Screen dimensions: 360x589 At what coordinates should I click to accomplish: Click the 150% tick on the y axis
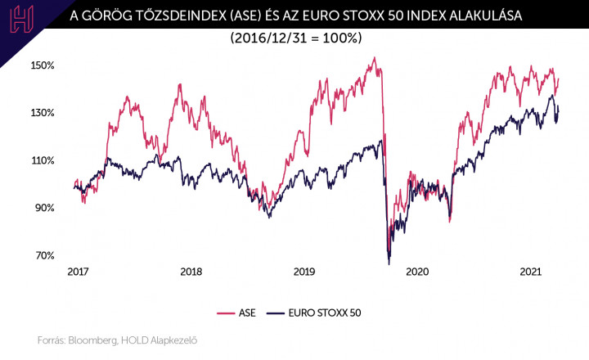(43, 65)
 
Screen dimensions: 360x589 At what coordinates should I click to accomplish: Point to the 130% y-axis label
(43, 113)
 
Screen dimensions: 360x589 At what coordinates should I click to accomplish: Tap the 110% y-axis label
(43, 160)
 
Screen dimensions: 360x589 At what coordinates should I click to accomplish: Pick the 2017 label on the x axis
(78, 272)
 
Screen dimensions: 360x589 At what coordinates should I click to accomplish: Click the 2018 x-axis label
(191, 272)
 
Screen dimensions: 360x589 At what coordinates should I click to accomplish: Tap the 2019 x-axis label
(304, 272)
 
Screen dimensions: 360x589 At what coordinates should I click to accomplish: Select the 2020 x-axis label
(417, 272)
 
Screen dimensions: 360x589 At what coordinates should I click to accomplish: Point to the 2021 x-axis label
(531, 272)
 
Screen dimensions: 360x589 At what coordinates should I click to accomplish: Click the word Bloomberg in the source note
(94, 340)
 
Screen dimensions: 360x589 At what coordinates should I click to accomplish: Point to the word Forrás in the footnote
(52, 340)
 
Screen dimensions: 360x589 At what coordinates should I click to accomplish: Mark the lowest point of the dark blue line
(389, 263)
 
